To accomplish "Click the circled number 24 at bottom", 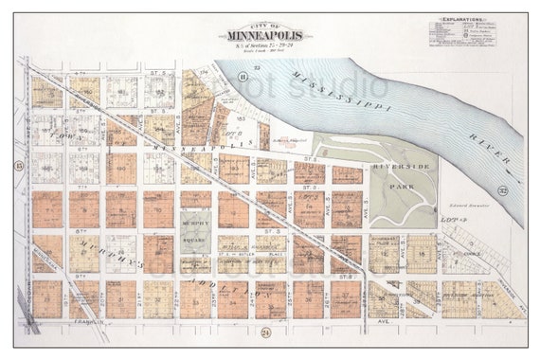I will (265, 333).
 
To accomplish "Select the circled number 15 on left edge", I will (19, 166).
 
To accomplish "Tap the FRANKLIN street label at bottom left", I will (85, 323).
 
